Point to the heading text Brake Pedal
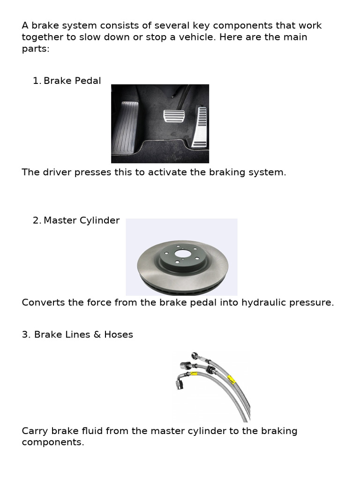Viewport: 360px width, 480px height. (72, 81)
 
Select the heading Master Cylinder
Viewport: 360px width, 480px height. (82, 220)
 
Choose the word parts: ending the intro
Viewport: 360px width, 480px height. (36, 49)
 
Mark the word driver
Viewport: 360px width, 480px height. (56, 172)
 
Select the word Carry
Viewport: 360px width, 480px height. (34, 431)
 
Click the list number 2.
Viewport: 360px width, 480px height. (37, 220)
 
